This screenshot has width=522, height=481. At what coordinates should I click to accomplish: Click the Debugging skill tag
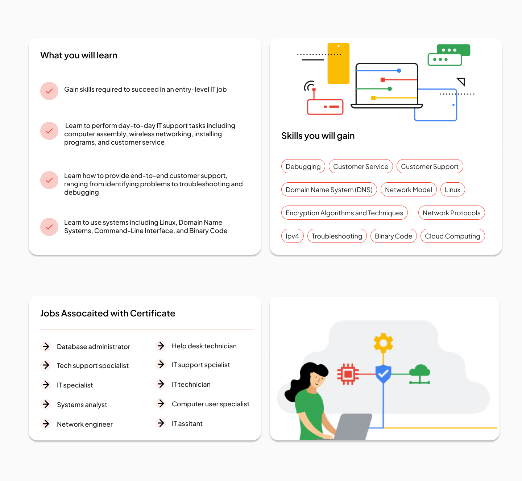tap(303, 166)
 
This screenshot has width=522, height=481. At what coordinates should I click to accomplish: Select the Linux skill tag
tap(452, 190)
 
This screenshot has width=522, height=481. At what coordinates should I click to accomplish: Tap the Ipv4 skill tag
tap(292, 236)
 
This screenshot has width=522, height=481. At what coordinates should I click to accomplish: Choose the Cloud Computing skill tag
tap(452, 236)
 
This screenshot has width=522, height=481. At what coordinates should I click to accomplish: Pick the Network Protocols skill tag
tap(451, 213)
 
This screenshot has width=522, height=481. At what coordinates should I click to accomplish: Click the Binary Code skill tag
tap(393, 236)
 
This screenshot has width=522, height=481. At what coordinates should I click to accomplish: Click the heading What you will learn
tap(79, 55)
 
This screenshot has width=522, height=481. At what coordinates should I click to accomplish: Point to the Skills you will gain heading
tap(318, 136)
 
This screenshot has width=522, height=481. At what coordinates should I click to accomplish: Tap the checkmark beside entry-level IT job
tap(49, 91)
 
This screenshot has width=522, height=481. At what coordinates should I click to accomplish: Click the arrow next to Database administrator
tap(46, 347)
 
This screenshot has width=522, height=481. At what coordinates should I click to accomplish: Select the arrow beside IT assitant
tap(161, 423)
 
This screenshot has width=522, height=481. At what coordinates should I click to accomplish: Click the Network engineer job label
tap(84, 424)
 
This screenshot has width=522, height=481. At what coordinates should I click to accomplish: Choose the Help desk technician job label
tap(204, 346)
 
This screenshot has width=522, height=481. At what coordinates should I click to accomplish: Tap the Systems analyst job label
tap(82, 405)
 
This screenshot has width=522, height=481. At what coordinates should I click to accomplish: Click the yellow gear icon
tap(383, 343)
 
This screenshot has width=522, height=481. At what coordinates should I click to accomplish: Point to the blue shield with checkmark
tap(383, 374)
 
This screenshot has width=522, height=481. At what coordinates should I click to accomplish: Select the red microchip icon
tap(348, 374)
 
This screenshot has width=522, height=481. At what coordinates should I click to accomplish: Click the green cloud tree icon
tap(419, 374)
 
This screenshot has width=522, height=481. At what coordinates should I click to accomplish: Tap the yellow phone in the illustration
tap(338, 63)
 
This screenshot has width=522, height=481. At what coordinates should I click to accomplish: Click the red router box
tap(325, 107)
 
